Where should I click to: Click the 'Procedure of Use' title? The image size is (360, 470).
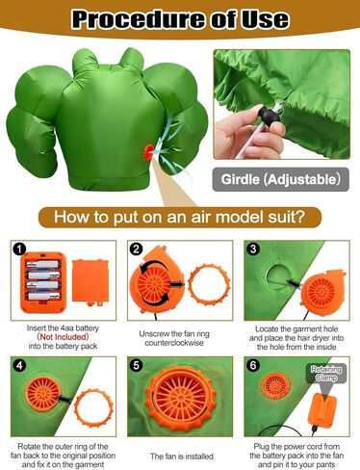click(x=179, y=19)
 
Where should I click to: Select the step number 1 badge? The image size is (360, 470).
click(x=16, y=250)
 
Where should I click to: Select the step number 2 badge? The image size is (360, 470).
click(x=136, y=250)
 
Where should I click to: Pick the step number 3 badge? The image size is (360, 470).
click(x=252, y=250)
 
